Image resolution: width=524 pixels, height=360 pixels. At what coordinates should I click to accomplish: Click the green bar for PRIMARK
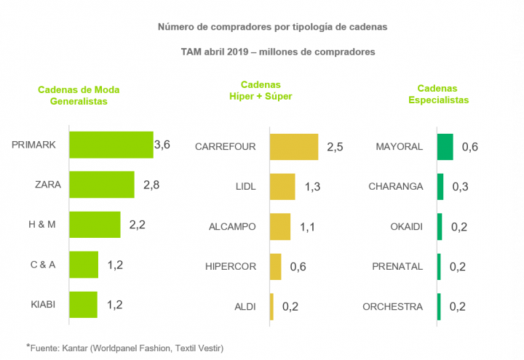click(x=111, y=145)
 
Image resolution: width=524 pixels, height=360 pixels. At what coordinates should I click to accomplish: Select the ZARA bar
click(x=101, y=185)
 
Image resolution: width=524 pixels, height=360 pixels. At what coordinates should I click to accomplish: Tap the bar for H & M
click(x=95, y=225)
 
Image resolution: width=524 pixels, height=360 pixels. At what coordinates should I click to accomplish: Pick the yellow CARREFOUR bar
click(x=294, y=146)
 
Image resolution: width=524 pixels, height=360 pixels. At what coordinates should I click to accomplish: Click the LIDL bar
click(x=282, y=186)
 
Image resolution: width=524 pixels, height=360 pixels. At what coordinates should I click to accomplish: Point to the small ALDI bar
click(x=271, y=306)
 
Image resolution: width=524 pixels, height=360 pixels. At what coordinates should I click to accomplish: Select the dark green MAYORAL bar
click(x=445, y=146)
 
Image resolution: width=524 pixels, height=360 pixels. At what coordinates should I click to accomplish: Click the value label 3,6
click(x=162, y=145)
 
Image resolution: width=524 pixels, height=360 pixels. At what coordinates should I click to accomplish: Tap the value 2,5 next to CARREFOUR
click(x=335, y=146)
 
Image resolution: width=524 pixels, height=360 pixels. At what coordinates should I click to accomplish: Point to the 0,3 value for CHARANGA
click(x=461, y=186)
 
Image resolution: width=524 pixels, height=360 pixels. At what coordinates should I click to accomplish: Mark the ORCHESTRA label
click(x=392, y=306)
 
